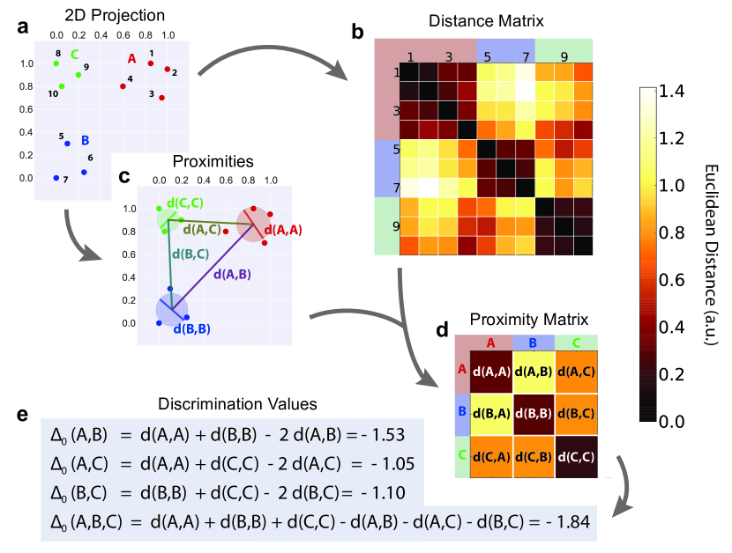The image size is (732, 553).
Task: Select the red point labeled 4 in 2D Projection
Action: pyautogui.click(x=123, y=86)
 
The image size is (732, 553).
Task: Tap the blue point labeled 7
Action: pyautogui.click(x=56, y=178)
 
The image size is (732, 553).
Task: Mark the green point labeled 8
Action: pyautogui.click(x=56, y=63)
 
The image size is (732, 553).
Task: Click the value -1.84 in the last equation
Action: pyautogui.click(x=570, y=523)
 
